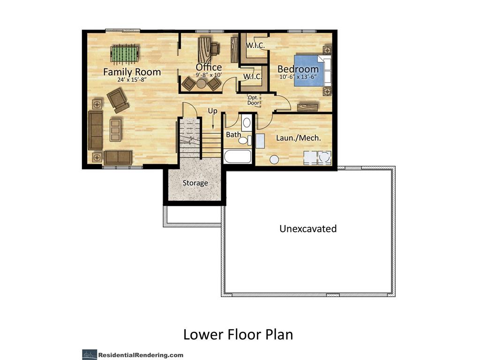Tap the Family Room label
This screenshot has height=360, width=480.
pyautogui.click(x=132, y=72)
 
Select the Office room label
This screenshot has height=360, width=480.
pyautogui.click(x=209, y=67)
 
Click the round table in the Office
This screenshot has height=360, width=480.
pyautogui.click(x=201, y=83)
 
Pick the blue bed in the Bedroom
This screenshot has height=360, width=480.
pyautogui.click(x=309, y=70)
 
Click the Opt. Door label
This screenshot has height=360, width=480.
pyautogui.click(x=253, y=100)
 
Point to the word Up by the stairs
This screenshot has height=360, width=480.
pyautogui.click(x=213, y=111)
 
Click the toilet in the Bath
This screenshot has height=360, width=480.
pyautogui.click(x=244, y=140)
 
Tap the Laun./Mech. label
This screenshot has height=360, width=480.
pyautogui.click(x=298, y=138)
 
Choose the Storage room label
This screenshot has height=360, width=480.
pyautogui.click(x=195, y=183)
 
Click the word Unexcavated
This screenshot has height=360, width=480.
pyautogui.click(x=308, y=229)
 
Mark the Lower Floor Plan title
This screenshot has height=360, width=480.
pyautogui.click(x=238, y=335)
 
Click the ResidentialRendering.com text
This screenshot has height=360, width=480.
pyautogui.click(x=141, y=355)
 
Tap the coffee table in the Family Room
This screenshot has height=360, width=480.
pyautogui.click(x=115, y=129)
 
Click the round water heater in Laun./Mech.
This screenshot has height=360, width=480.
pyautogui.click(x=274, y=160)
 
